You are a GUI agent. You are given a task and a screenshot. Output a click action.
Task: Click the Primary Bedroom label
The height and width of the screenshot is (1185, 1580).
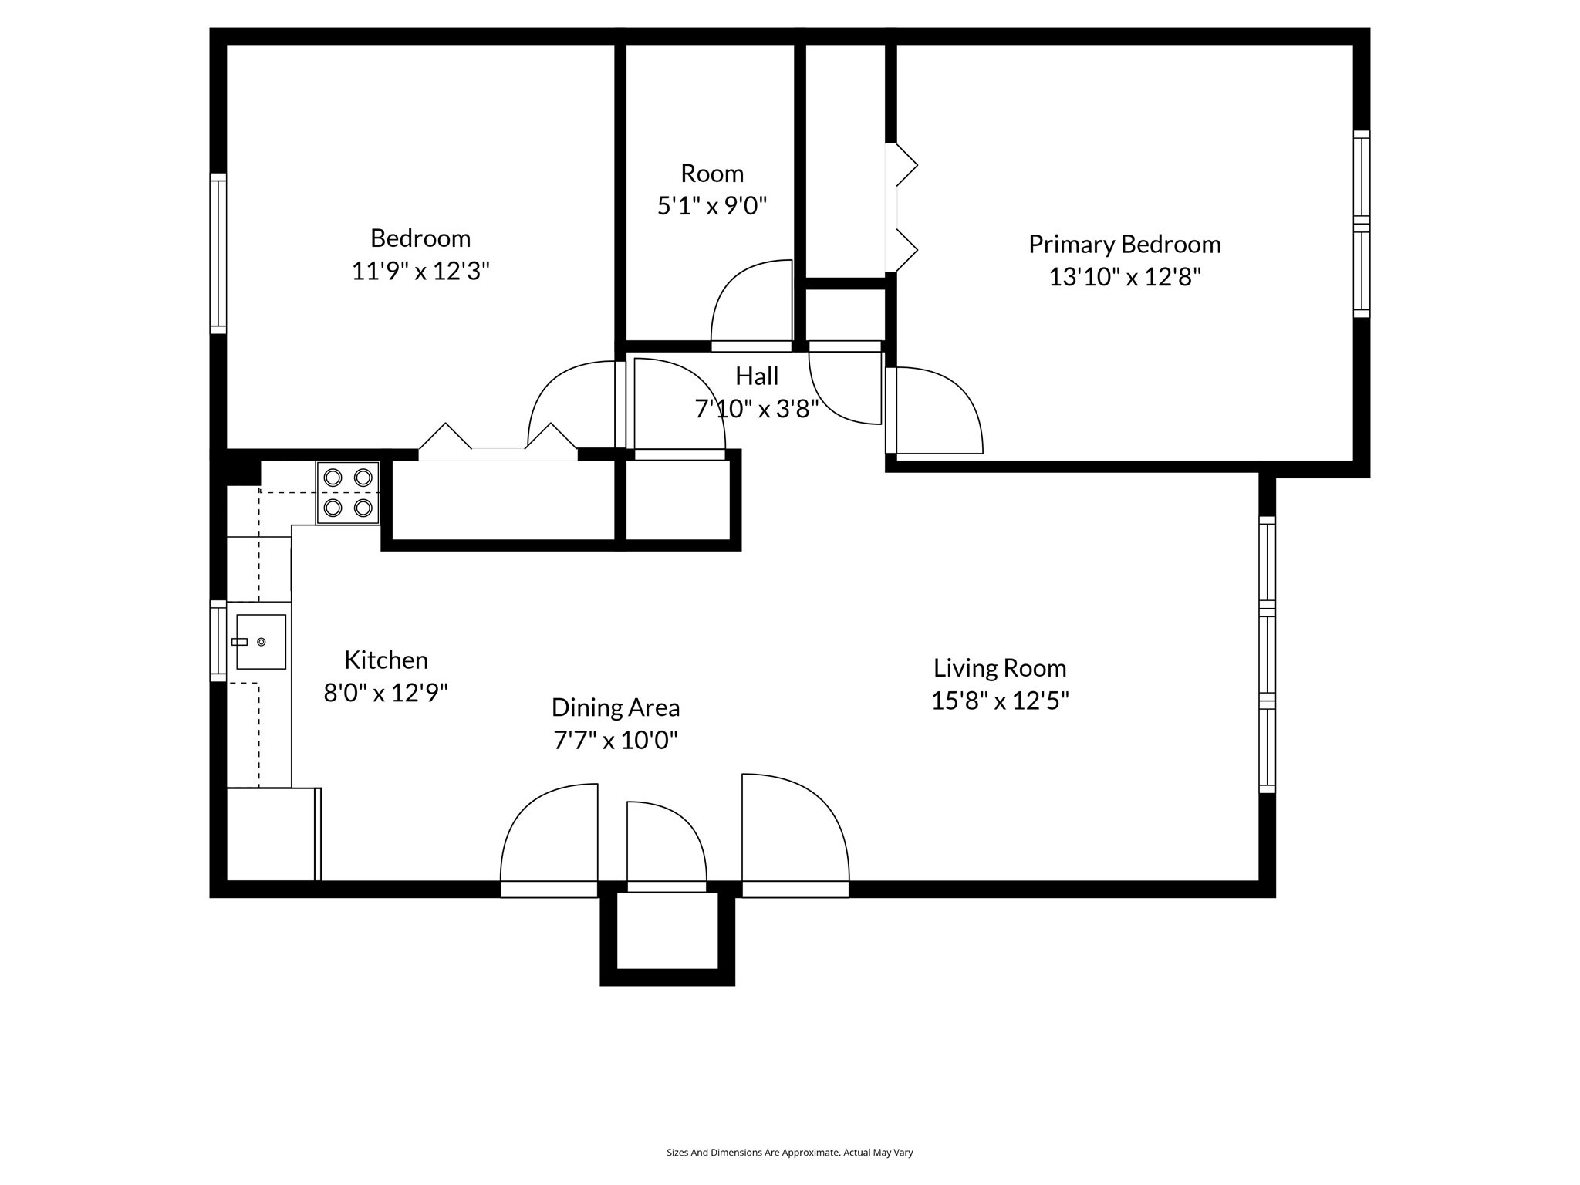coord(1124,245)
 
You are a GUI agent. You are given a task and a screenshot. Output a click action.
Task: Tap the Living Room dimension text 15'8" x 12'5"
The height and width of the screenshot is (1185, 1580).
coord(999,701)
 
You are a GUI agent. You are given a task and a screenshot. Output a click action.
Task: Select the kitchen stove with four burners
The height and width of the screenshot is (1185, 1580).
coord(348,493)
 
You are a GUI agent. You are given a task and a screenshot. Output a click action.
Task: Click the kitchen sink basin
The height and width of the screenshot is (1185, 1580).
coord(261,642)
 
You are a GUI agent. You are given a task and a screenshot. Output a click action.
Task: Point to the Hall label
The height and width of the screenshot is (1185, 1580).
coord(756,376)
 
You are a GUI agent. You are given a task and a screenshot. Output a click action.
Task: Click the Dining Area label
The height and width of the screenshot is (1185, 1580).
coord(615,707)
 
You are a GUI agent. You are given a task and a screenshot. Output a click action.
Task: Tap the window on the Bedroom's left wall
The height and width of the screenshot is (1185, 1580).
coord(218,254)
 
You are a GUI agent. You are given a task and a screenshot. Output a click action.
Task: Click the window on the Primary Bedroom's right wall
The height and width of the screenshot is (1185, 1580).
coord(1361,224)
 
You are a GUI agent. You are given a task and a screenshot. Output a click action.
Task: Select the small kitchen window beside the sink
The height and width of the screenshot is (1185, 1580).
coord(218,641)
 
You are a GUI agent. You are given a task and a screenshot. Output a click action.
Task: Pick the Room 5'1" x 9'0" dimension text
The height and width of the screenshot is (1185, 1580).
coord(711,207)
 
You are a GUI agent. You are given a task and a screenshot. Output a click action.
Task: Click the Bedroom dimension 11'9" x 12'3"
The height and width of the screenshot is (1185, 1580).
coord(420,272)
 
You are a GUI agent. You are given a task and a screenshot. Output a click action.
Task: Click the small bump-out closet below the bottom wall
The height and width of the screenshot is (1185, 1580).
coord(667,931)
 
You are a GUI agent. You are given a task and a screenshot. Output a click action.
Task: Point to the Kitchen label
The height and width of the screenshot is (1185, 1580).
coord(386,660)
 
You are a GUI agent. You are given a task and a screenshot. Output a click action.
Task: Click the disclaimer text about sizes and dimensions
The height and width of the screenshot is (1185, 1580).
coord(789,1153)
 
